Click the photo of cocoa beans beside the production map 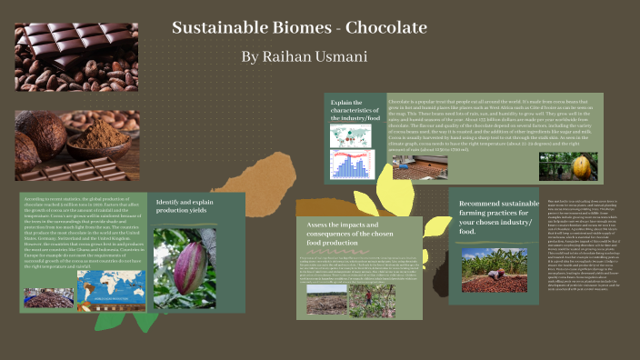49,296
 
